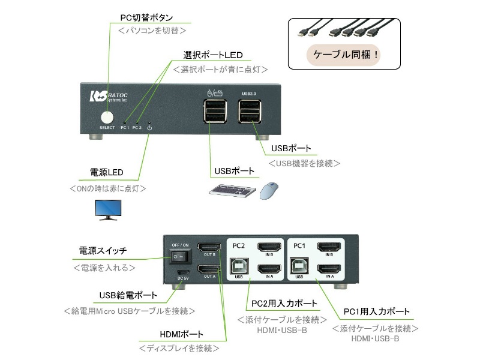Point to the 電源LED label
[106, 173]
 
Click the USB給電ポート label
[128, 295]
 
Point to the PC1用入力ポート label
[376, 312]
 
